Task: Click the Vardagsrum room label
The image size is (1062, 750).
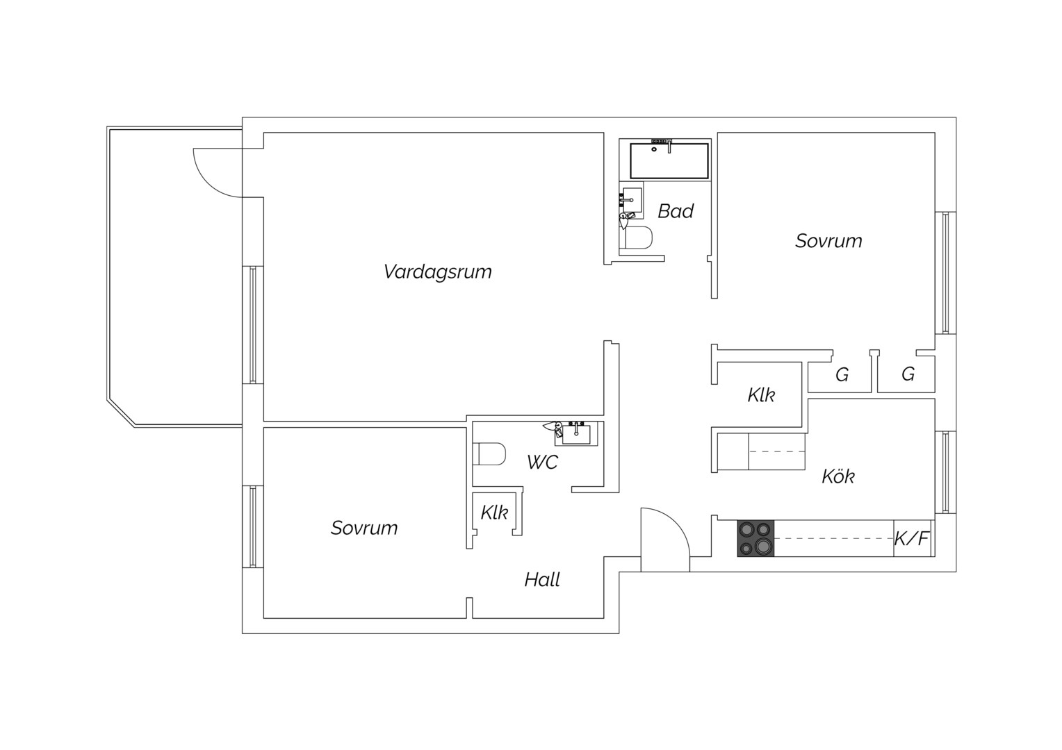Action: coord(437,272)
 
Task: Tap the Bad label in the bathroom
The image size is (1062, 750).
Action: coord(676,211)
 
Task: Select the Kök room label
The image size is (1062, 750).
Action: coord(838,476)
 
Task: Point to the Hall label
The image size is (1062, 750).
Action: coord(542,579)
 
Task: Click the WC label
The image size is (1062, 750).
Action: coord(542,462)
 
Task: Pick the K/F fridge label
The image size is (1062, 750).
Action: coord(911,539)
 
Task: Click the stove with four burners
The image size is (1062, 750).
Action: coord(755,538)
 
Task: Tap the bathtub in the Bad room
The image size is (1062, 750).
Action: coord(669,160)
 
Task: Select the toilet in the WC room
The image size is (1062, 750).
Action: coord(489,454)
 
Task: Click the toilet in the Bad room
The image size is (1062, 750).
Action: coord(639,237)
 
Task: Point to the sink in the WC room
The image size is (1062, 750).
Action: coord(576,433)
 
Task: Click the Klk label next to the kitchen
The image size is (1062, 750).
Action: coord(761,394)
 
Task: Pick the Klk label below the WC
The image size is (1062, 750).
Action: coord(494,512)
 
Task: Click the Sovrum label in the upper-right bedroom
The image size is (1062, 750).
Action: coord(828,241)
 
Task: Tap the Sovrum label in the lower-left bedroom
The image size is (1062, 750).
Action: coord(364,528)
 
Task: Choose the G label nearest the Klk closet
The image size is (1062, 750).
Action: coord(842,375)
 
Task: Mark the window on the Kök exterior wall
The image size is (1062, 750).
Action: coord(945,472)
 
